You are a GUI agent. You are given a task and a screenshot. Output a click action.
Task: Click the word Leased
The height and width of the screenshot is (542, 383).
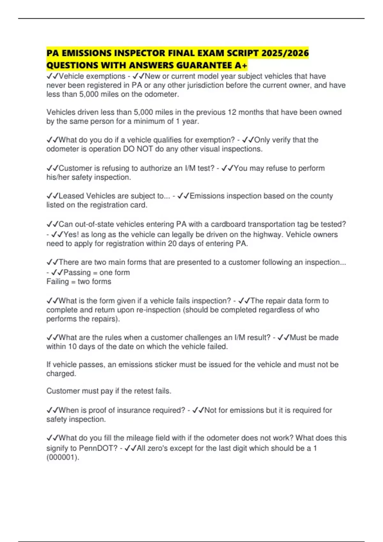(x=71, y=196)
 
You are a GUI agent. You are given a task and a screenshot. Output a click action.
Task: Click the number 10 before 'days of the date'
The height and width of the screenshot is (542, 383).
(x=72, y=347)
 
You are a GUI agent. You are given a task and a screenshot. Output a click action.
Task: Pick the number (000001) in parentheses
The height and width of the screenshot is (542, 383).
(x=63, y=457)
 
